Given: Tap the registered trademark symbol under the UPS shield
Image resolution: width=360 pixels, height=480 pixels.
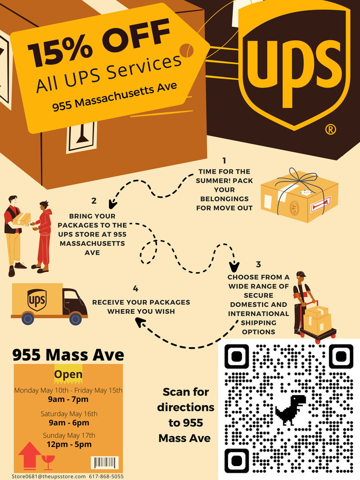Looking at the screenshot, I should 330,130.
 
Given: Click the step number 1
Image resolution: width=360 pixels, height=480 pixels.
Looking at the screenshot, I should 224,160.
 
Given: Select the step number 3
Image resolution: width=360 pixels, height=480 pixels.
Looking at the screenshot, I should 258,264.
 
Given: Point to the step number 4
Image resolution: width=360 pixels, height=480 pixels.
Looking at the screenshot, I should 136,289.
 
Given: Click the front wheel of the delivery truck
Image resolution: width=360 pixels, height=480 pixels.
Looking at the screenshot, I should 76,318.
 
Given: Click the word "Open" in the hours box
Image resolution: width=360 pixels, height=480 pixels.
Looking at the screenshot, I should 68,374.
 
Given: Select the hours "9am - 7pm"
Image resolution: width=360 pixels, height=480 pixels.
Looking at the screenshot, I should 68,399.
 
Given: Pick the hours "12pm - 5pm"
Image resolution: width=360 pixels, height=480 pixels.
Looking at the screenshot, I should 68,444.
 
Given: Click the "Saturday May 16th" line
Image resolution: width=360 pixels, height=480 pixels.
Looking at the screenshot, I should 69,414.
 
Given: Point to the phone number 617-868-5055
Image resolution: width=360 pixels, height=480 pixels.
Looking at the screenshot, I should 106,477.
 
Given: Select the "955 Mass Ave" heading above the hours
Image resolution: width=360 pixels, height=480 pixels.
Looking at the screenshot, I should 68,355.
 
